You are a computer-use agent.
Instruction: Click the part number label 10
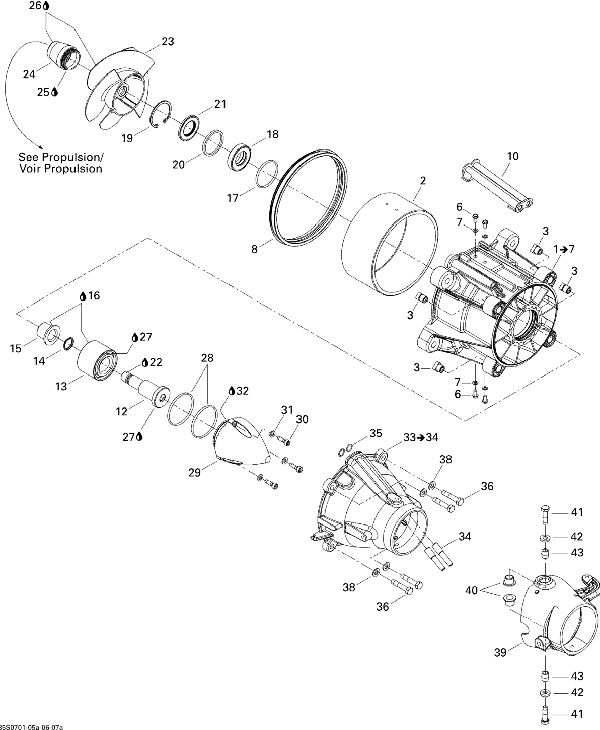tap(512, 156)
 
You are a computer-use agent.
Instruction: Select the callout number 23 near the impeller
tap(168, 41)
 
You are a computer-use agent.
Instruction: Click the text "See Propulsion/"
tap(61, 157)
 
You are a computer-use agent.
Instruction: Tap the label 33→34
tap(421, 437)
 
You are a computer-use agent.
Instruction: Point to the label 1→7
tap(564, 249)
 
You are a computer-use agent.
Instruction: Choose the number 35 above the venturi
tap(376, 433)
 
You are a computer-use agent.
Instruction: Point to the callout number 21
tap(220, 104)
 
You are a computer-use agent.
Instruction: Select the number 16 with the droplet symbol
tap(94, 295)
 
